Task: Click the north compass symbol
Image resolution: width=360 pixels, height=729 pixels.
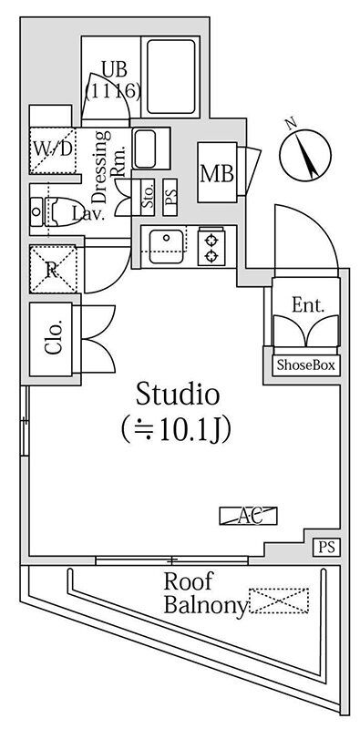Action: click(x=305, y=155)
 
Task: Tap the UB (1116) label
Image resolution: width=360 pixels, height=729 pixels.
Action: click(x=113, y=80)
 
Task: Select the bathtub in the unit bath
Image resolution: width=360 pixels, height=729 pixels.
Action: click(x=171, y=77)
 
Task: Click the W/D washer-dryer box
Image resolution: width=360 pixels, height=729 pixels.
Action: click(x=53, y=149)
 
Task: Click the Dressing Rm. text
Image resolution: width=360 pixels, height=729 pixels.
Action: click(x=107, y=168)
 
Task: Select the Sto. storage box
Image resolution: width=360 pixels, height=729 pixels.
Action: click(x=149, y=197)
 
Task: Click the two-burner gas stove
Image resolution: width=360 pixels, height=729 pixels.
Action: click(x=211, y=247)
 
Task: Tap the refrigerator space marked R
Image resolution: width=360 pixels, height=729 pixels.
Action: click(x=53, y=269)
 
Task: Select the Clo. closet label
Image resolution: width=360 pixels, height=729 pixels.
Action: click(x=54, y=340)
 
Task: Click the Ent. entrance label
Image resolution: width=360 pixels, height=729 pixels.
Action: click(x=307, y=306)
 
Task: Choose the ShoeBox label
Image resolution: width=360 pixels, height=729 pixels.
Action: click(x=305, y=365)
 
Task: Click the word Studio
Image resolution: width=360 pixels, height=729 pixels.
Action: click(x=178, y=395)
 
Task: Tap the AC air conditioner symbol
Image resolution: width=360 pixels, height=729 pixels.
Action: click(x=249, y=516)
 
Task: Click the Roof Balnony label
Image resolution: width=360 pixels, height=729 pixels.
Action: click(x=205, y=594)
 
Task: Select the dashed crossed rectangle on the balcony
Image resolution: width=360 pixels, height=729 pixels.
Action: click(x=279, y=601)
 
